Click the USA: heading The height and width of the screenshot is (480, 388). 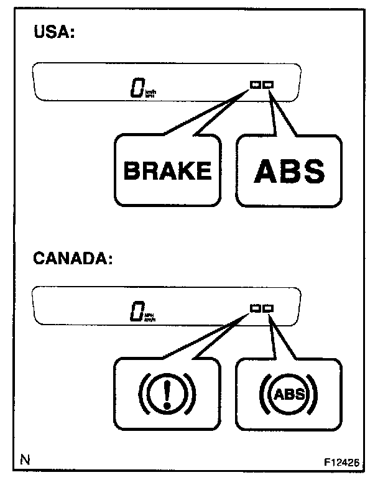click(x=53, y=33)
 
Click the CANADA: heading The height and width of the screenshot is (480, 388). click(x=72, y=258)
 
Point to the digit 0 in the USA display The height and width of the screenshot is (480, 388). click(x=136, y=88)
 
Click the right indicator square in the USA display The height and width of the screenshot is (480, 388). click(x=268, y=85)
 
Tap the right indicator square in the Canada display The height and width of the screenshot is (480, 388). click(x=268, y=308)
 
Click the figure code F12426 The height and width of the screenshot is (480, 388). click(x=341, y=463)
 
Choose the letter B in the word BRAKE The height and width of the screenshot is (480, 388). click(x=131, y=170)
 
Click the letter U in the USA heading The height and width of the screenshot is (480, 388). click(x=39, y=33)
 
